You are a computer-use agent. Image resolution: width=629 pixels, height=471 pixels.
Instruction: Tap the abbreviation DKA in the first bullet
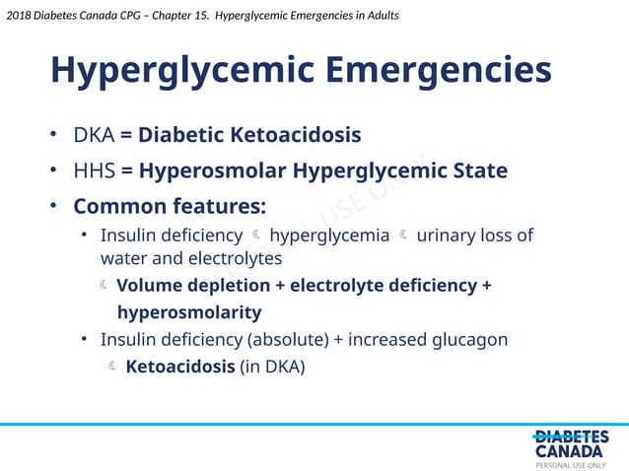click(x=94, y=134)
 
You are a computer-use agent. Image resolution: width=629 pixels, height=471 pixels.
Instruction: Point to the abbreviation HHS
click(x=95, y=171)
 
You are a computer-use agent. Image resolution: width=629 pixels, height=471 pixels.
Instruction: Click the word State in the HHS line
click(x=479, y=171)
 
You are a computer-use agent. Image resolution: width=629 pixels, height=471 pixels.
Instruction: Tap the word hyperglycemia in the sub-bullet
click(x=329, y=235)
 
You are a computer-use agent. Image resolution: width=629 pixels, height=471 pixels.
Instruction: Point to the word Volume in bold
click(x=152, y=286)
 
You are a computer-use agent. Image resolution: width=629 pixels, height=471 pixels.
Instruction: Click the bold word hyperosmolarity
click(x=189, y=313)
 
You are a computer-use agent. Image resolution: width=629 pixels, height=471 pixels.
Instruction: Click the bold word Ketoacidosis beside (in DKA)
click(x=180, y=367)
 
